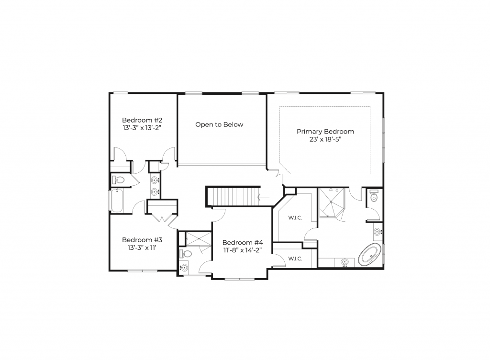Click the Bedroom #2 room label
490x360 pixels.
(x=142, y=120)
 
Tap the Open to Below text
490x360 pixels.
(x=219, y=124)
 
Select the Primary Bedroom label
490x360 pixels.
(x=325, y=131)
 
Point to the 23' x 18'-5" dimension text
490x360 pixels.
(x=325, y=139)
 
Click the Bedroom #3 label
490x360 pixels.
(x=142, y=240)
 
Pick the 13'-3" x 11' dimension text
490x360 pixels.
(x=142, y=248)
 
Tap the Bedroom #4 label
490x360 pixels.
(x=243, y=243)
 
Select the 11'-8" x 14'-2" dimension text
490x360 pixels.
(x=243, y=250)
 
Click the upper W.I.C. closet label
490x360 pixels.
(x=295, y=218)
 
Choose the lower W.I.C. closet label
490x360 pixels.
(x=295, y=259)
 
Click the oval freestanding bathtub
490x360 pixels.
(x=370, y=254)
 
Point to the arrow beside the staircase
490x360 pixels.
(x=264, y=197)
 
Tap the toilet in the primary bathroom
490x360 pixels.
(x=374, y=196)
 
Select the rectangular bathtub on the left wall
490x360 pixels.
(x=117, y=200)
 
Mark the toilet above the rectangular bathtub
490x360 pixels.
(x=118, y=180)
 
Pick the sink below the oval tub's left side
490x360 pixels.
(x=345, y=262)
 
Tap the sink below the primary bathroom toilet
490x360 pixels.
(x=378, y=232)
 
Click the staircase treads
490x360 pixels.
(x=233, y=196)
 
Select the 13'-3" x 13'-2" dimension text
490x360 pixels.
(x=142, y=128)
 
